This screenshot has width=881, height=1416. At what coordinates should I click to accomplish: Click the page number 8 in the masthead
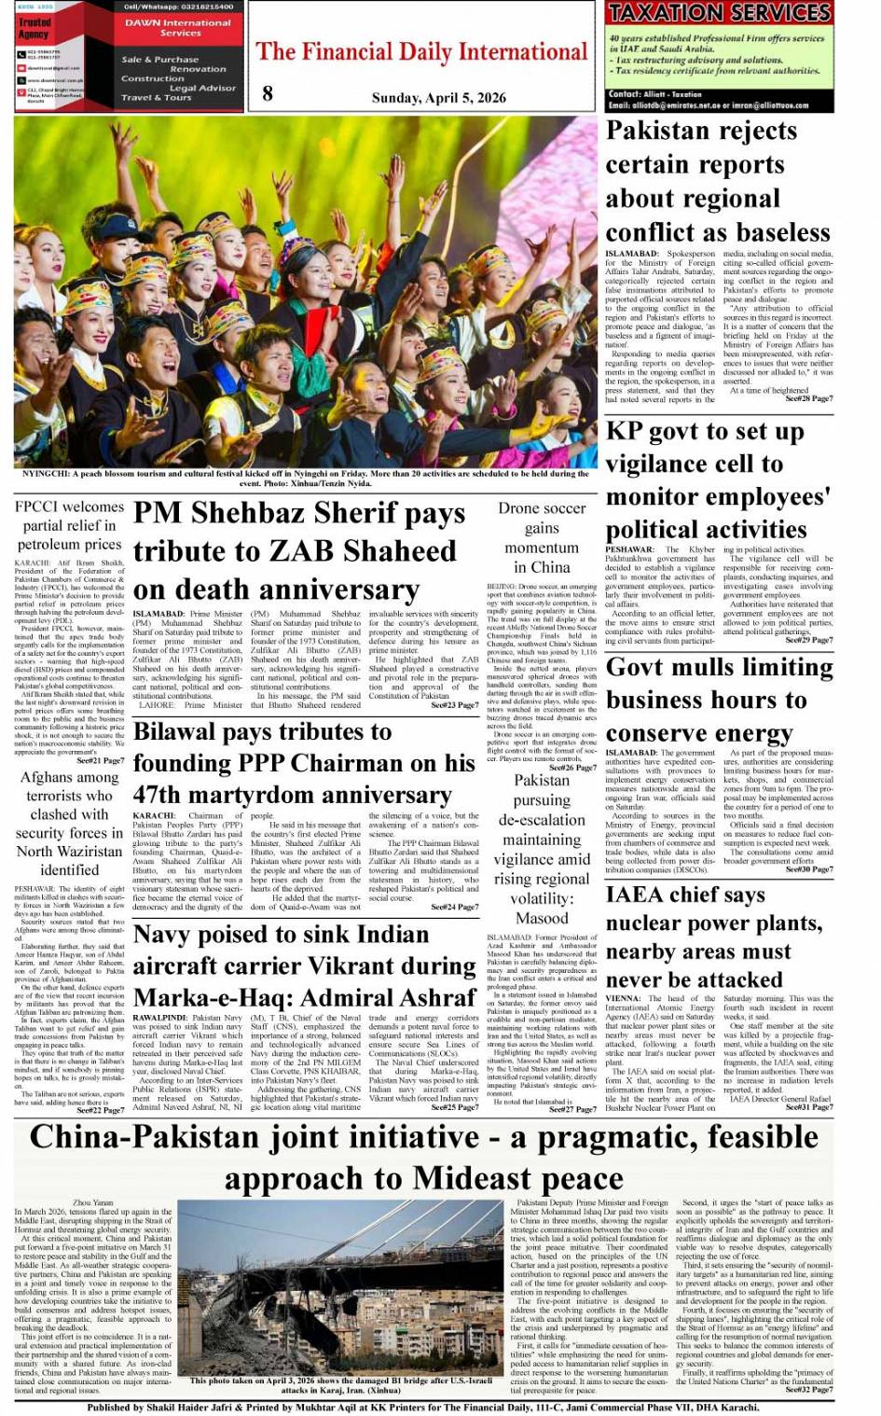pyautogui.click(x=268, y=92)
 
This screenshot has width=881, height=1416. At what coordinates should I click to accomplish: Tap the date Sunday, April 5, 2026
pyautogui.click(x=438, y=97)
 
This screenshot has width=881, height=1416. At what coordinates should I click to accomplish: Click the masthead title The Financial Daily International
pyautogui.click(x=422, y=51)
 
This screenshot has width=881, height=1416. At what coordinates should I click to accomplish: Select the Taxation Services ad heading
pyautogui.click(x=719, y=13)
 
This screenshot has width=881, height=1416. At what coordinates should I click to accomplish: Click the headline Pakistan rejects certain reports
pyautogui.click(x=717, y=182)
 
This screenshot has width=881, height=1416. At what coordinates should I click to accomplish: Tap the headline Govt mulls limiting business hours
pyautogui.click(x=719, y=700)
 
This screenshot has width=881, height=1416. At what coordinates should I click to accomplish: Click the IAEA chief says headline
pyautogui.click(x=713, y=937)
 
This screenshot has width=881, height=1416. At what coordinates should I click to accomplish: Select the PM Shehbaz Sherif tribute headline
pyautogui.click(x=299, y=550)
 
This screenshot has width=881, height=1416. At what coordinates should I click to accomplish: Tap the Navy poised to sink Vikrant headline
pyautogui.click(x=305, y=965)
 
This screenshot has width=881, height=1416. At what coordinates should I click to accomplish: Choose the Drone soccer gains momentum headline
pyautogui.click(x=542, y=537)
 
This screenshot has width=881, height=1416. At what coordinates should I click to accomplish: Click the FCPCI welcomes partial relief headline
pyautogui.click(x=69, y=525)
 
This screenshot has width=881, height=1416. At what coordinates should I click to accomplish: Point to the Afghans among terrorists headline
pyautogui.click(x=69, y=823)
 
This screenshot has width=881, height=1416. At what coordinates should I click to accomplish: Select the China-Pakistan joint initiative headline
pyautogui.click(x=424, y=1157)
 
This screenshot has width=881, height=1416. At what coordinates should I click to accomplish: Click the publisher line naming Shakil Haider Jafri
pyautogui.click(x=423, y=1407)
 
